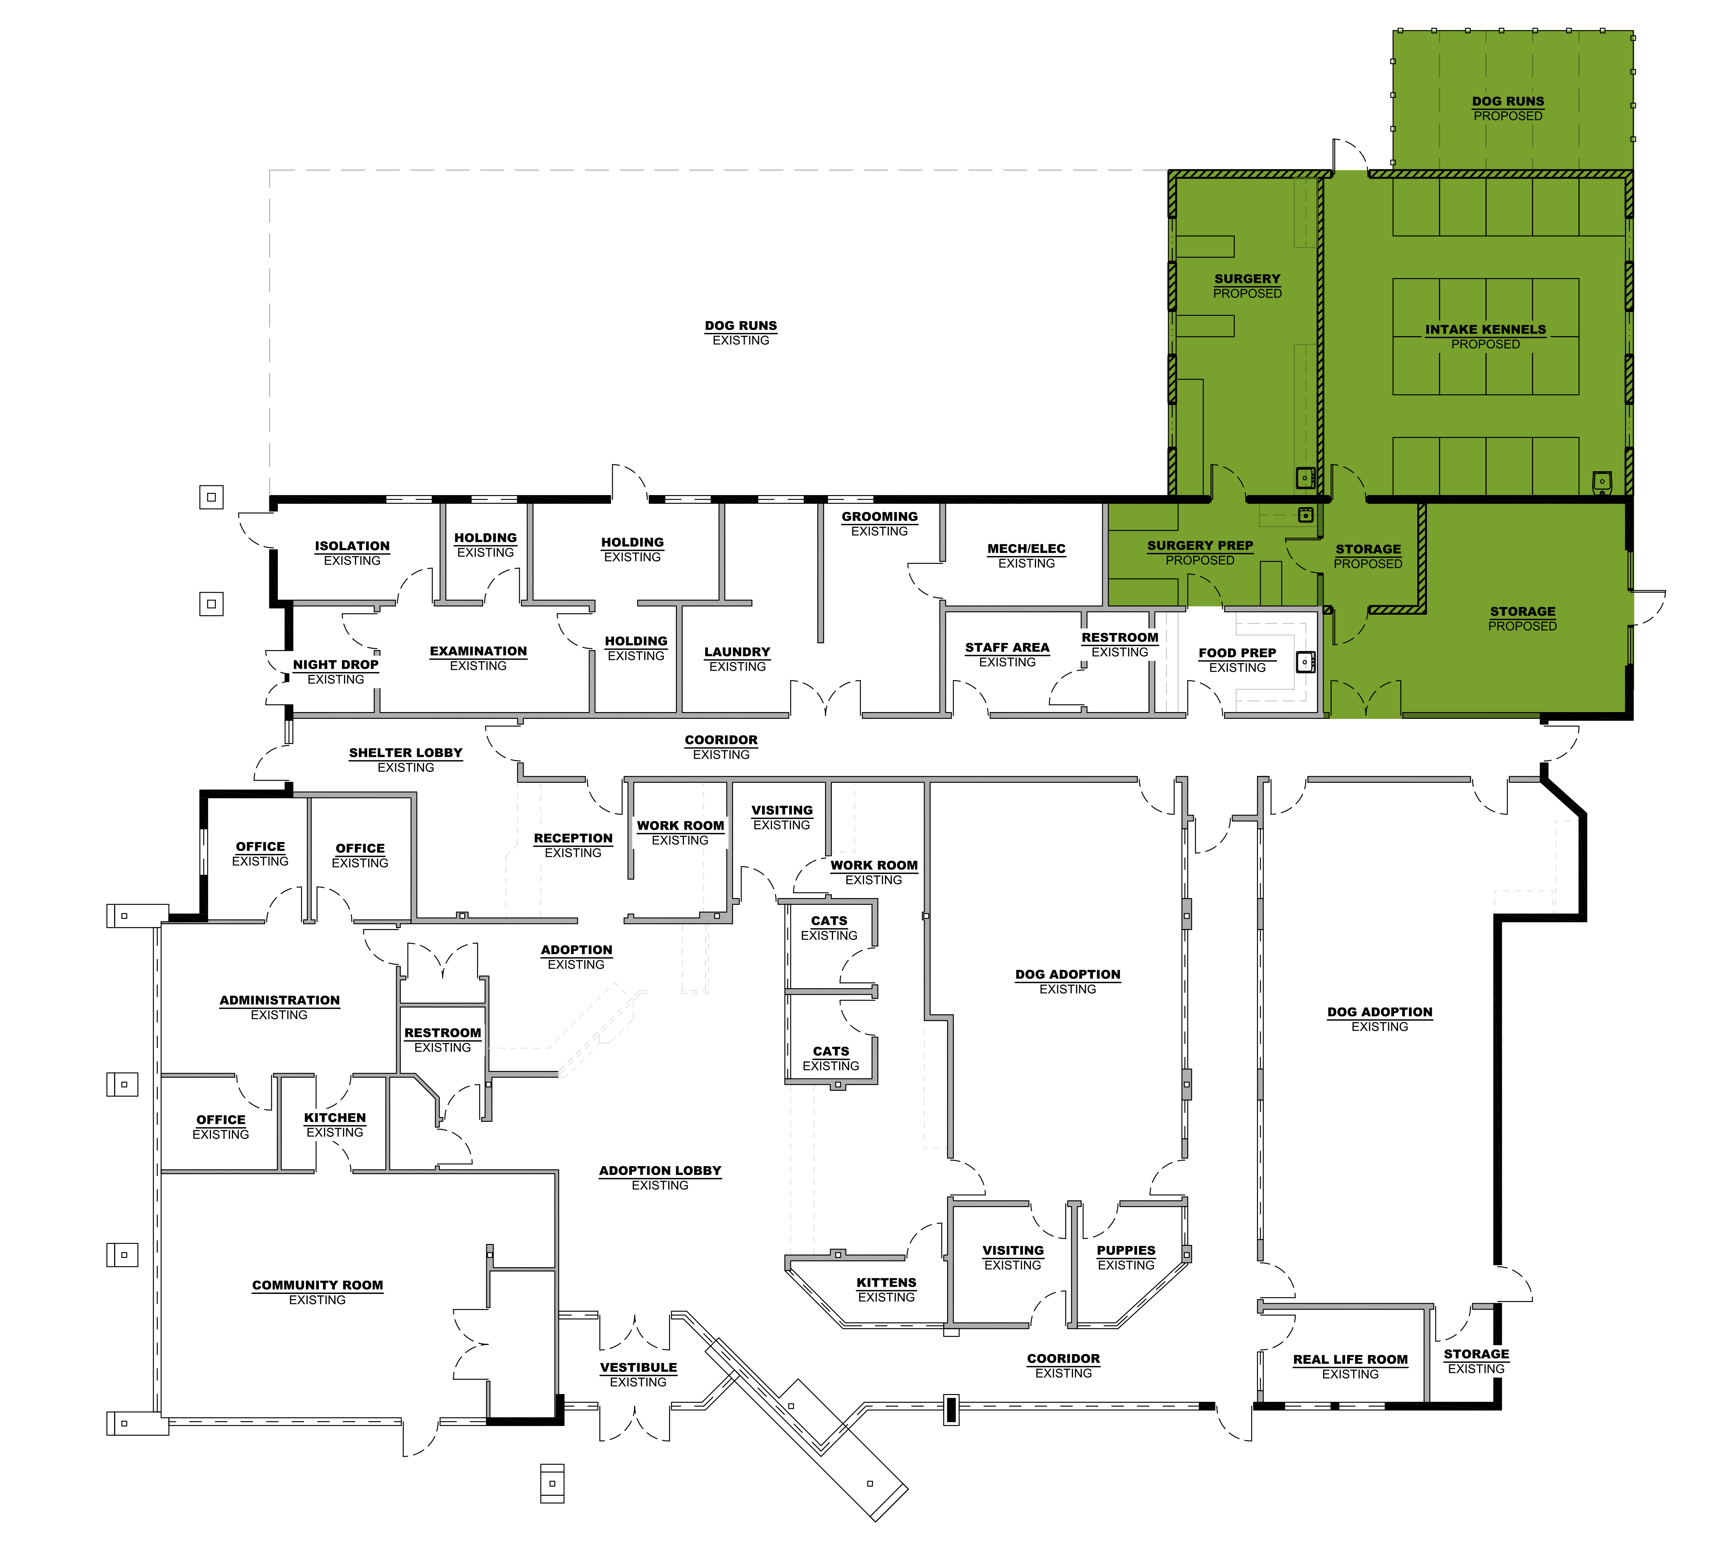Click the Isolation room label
tap(352, 553)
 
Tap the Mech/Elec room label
tap(1026, 555)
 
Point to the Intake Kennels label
tap(1485, 336)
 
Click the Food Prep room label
tap(1237, 660)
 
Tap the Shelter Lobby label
tap(406, 760)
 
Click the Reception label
tap(573, 845)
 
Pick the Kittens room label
tap(886, 1290)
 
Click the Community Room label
tap(317, 1292)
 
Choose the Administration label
tap(279, 1007)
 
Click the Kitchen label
tap(334, 1125)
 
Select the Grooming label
tap(880, 523)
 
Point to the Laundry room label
tap(737, 659)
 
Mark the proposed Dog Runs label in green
tap(1507, 108)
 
